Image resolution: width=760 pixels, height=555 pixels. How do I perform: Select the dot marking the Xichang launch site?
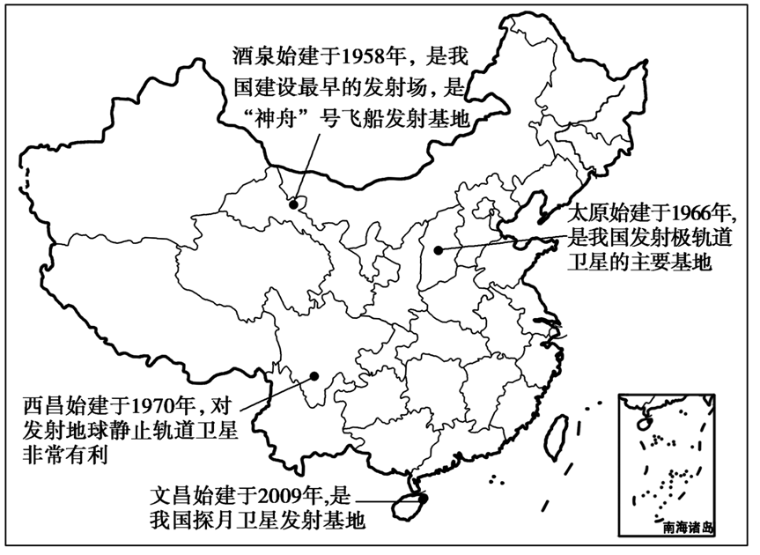pyautogui.click(x=314, y=378)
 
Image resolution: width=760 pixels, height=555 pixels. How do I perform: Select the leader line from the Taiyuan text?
pyautogui.click(x=502, y=242)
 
